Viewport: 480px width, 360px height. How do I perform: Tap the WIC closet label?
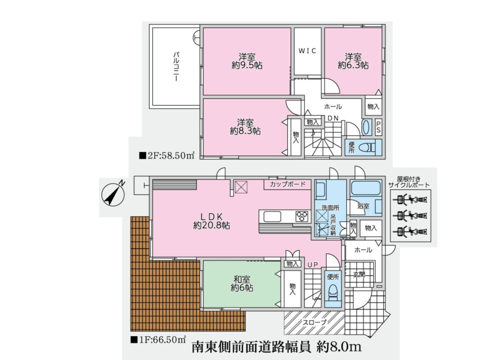pyautogui.click(x=307, y=51)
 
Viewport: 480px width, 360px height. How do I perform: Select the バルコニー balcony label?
pyautogui.click(x=176, y=66)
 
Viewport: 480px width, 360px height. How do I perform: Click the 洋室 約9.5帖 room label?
pyautogui.click(x=247, y=61)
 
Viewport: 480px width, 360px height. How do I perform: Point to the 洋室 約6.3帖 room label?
pyautogui.click(x=353, y=61)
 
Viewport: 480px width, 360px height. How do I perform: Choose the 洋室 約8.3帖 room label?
pyautogui.click(x=245, y=127)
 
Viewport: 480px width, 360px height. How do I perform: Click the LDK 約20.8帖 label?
pyautogui.click(x=212, y=221)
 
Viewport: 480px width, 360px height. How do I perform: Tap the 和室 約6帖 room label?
pyautogui.click(x=242, y=284)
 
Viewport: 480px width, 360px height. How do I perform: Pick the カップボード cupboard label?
pyautogui.click(x=288, y=184)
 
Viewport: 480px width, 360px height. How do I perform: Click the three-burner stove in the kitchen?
pyautogui.click(x=303, y=216)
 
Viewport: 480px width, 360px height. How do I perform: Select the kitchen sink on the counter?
pyautogui.click(x=272, y=216)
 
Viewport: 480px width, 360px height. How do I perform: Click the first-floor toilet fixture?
pyautogui.click(x=333, y=292)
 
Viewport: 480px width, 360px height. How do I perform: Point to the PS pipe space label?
pyautogui.click(x=378, y=127)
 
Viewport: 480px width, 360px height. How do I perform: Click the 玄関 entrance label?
pyautogui.click(x=359, y=274)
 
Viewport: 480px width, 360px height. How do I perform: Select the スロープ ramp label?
pyautogui.click(x=315, y=322)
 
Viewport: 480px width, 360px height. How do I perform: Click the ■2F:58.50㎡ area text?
pyautogui.click(x=167, y=155)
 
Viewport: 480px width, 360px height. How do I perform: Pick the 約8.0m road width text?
pyautogui.click(x=339, y=347)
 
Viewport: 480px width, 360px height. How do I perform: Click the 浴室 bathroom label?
pyautogui.click(x=363, y=206)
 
